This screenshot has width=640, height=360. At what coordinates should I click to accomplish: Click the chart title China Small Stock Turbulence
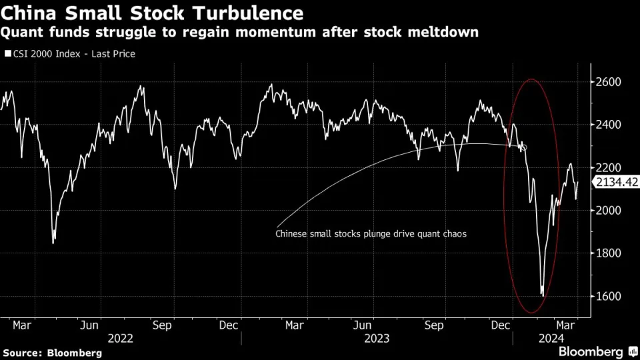[153, 13]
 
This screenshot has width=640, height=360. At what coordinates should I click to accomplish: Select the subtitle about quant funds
[241, 32]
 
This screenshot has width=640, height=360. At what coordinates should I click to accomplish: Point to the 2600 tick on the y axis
[607, 82]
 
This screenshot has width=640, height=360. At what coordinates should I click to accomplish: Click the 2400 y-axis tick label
[607, 125]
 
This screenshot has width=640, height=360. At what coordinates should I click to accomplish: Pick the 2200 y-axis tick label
[607, 167]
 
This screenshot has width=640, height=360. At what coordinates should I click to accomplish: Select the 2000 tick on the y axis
[607, 211]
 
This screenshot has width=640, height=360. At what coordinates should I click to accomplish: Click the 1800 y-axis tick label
[607, 253]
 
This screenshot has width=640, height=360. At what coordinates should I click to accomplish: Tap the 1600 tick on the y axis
[607, 296]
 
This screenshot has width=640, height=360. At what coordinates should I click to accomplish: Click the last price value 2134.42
[617, 183]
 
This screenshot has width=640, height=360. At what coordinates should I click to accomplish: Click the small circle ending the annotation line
[523, 148]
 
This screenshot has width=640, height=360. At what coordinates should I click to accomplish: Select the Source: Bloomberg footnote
[53, 352]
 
